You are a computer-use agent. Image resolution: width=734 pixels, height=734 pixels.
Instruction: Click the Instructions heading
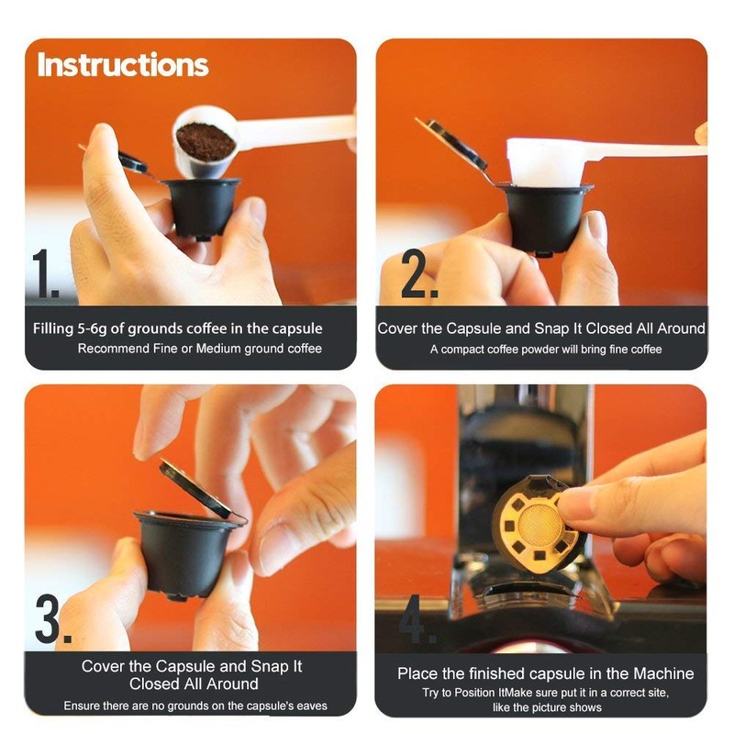123,65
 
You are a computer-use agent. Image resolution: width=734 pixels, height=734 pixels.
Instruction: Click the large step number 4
417,621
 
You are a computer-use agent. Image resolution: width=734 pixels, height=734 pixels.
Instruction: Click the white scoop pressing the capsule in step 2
546,162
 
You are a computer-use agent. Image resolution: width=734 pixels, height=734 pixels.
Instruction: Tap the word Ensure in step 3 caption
83,706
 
